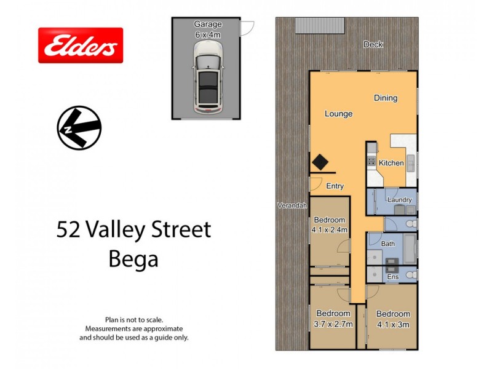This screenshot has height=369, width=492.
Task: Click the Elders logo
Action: pyautogui.click(x=81, y=45)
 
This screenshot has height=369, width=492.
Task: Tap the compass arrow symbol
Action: pyautogui.click(x=79, y=127)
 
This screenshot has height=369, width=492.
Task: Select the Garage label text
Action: pyautogui.click(x=208, y=24)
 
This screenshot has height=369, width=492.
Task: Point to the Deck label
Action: pyautogui.click(x=373, y=44)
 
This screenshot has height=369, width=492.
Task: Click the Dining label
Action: pyautogui.click(x=386, y=98)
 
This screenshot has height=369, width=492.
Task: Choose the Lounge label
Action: pyautogui.click(x=338, y=114)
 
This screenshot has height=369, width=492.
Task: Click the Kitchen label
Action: pyautogui.click(x=391, y=163)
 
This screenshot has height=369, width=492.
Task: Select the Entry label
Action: pyautogui.click(x=335, y=186)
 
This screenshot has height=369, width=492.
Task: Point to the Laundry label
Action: pyautogui.click(x=399, y=200)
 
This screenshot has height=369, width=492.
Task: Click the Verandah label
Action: pyautogui.click(x=292, y=205)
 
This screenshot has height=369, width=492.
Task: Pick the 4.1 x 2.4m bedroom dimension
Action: pyautogui.click(x=330, y=230)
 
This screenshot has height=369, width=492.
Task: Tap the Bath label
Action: pyautogui.click(x=387, y=244)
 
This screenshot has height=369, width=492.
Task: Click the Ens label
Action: pyautogui.click(x=392, y=277)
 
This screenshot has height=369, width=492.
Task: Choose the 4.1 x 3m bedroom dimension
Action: pyautogui.click(x=392, y=324)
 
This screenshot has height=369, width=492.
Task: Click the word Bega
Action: pyautogui.click(x=133, y=258)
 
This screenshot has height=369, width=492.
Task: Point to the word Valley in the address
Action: pyautogui.click(x=120, y=230)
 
